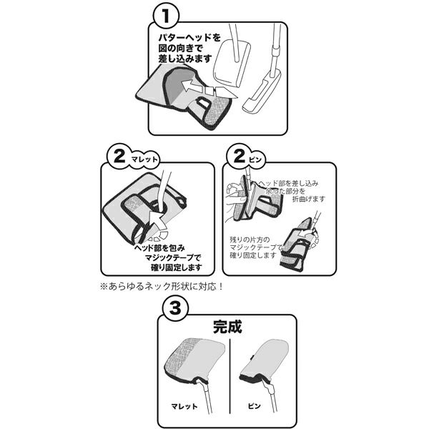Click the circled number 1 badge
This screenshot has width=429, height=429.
pyautogui.click(x=166, y=16)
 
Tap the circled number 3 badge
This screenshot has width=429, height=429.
pyautogui.click(x=175, y=308)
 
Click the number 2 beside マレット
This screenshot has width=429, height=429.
pyautogui.click(x=119, y=157)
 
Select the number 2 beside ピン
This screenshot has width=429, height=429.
pyautogui.click(x=240, y=156)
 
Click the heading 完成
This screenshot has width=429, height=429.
pyautogui.click(x=227, y=327)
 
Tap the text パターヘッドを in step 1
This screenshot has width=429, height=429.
pyautogui.click(x=189, y=37)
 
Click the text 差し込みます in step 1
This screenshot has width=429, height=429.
pyautogui.click(x=185, y=59)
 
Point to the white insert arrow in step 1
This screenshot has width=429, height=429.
pyautogui.click(x=209, y=88)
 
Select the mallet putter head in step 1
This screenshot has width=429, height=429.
pyautogui.click(x=232, y=64)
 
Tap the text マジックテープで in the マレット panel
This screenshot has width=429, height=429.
pyautogui.click(x=173, y=257)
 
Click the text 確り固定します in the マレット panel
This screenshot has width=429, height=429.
pyautogui.click(x=176, y=267)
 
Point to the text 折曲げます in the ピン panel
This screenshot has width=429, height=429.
pyautogui.click(x=309, y=199)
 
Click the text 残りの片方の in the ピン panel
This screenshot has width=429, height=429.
pyautogui.click(x=250, y=240)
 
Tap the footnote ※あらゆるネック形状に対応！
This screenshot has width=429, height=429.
pyautogui.click(x=162, y=287)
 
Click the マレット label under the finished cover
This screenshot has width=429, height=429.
pyautogui.click(x=184, y=406)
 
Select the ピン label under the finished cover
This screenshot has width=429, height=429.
pyautogui.click(x=254, y=405)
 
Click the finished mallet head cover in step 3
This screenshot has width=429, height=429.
pyautogui.click(x=194, y=360)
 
